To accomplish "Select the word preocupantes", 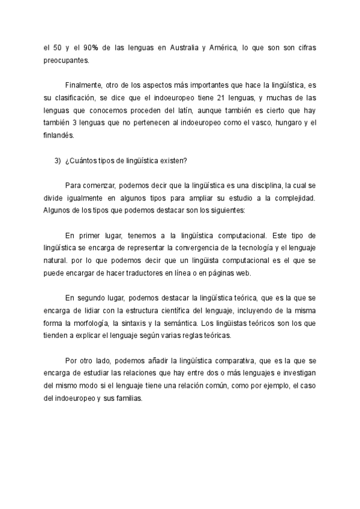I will (x=66, y=61).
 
